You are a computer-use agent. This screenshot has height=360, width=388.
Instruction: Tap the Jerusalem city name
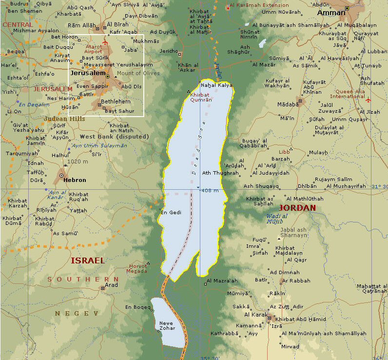[88, 73]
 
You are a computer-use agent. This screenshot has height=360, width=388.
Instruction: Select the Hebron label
[75, 180]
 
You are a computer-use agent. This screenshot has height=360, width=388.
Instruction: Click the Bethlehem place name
[116, 101]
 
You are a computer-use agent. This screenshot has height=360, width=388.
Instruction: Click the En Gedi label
[171, 212]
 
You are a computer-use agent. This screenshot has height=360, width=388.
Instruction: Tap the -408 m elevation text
[210, 190]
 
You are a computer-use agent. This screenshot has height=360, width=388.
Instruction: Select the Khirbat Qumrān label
[202, 97]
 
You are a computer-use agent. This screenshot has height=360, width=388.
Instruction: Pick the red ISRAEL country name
[88, 260]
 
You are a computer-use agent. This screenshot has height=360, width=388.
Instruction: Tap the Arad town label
[112, 285]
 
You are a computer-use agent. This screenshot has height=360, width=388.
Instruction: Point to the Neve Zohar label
[167, 326]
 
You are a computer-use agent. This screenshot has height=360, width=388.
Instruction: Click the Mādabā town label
[288, 104]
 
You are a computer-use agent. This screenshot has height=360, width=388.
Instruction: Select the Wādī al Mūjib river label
[275, 219]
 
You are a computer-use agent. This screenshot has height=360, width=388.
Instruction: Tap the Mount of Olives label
[138, 73]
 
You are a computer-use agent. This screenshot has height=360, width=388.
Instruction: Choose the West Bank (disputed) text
[114, 137]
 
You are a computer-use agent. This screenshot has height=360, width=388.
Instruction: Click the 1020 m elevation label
[78, 161]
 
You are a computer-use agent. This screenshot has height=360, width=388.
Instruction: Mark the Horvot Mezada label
[136, 269]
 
